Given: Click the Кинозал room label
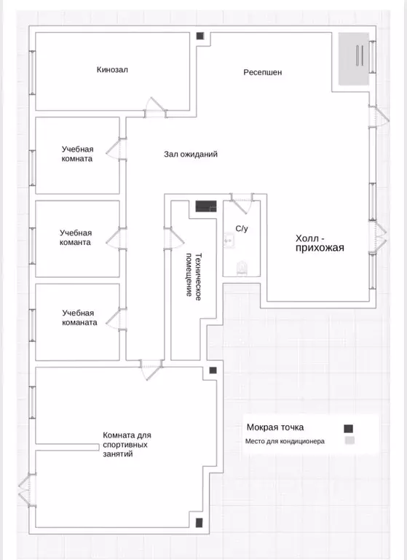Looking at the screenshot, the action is (112, 70).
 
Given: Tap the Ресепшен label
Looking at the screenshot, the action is (263, 72).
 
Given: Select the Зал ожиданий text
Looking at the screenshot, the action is (191, 155).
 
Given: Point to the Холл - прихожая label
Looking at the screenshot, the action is (320, 244).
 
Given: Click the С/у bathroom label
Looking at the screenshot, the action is (242, 228).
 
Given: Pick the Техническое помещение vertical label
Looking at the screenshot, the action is (194, 276).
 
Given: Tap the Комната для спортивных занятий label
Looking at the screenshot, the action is (127, 445).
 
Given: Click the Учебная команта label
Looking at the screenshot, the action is (75, 238).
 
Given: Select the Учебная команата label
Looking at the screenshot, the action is (79, 317).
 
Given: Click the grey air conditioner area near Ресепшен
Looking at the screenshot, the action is (354, 59).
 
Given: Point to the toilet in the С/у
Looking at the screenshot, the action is (242, 268).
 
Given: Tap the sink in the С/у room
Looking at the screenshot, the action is (229, 241).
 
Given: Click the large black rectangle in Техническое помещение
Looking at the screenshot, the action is (206, 206).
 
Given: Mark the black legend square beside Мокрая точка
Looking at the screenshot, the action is (348, 429).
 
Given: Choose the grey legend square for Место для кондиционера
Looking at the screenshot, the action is (349, 440).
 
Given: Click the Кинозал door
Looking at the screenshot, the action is (155, 108).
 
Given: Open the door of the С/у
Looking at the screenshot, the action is (242, 203).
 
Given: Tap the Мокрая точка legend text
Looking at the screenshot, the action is (275, 427).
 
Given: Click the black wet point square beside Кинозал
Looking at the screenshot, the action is (200, 36).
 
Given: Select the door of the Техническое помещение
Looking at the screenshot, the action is (174, 238).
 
